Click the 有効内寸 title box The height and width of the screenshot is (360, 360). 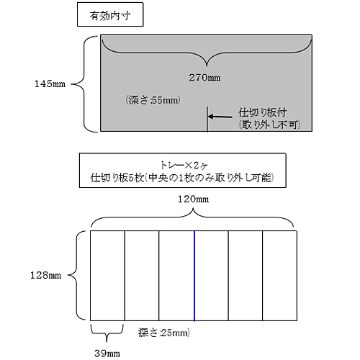point(110,14)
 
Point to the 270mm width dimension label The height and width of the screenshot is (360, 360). point(204,78)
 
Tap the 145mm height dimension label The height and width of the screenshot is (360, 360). point(50,84)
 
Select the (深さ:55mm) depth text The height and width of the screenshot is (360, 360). point(153,100)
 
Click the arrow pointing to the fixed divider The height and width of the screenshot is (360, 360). point(220,117)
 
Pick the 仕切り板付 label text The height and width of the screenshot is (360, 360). point(262,112)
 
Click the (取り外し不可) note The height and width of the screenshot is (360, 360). point(269,125)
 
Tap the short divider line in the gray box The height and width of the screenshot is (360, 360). point(207,120)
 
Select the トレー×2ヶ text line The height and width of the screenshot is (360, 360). point(184,165)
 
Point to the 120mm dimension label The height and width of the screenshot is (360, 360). point(193,199)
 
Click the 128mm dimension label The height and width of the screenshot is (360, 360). point(45,275)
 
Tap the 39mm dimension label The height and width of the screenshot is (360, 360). point(107,354)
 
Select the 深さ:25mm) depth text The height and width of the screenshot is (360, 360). point(164,333)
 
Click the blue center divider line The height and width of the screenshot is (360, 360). point(194,276)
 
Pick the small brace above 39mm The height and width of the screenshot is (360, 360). point(107,333)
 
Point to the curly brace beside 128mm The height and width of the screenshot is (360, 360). point(76,275)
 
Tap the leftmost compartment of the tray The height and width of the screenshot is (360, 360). point(107,276)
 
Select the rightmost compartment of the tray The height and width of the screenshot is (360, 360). point(280,276)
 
